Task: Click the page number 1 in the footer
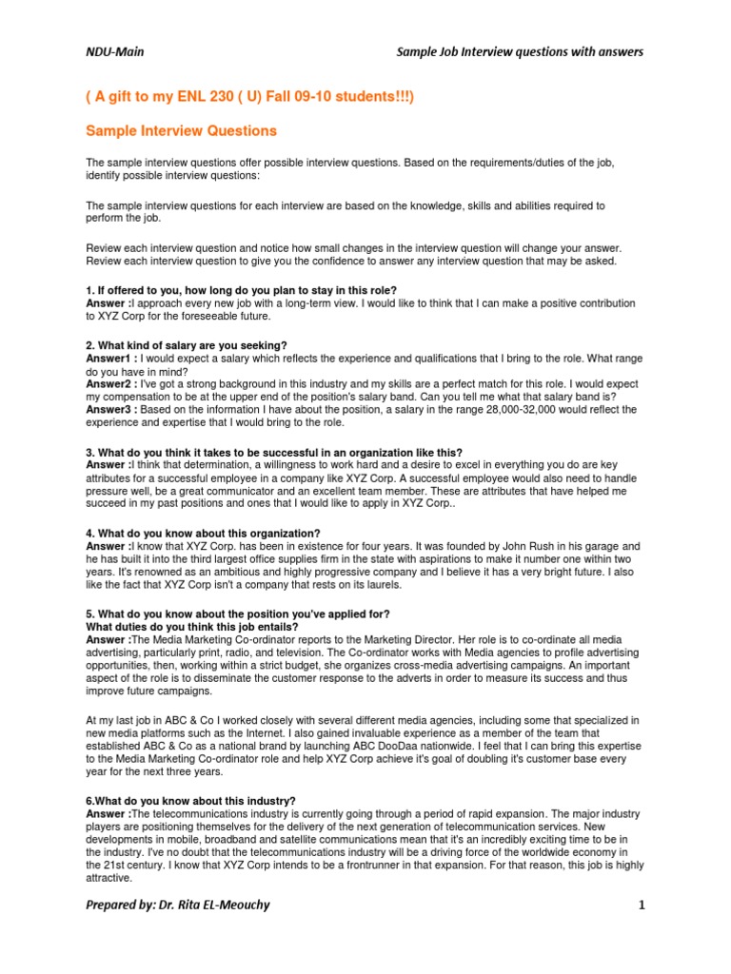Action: tap(642, 905)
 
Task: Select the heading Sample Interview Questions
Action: tap(181, 130)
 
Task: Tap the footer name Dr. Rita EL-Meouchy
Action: tap(215, 905)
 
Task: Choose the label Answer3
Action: tap(109, 410)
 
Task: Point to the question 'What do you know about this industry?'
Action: tap(202, 802)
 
